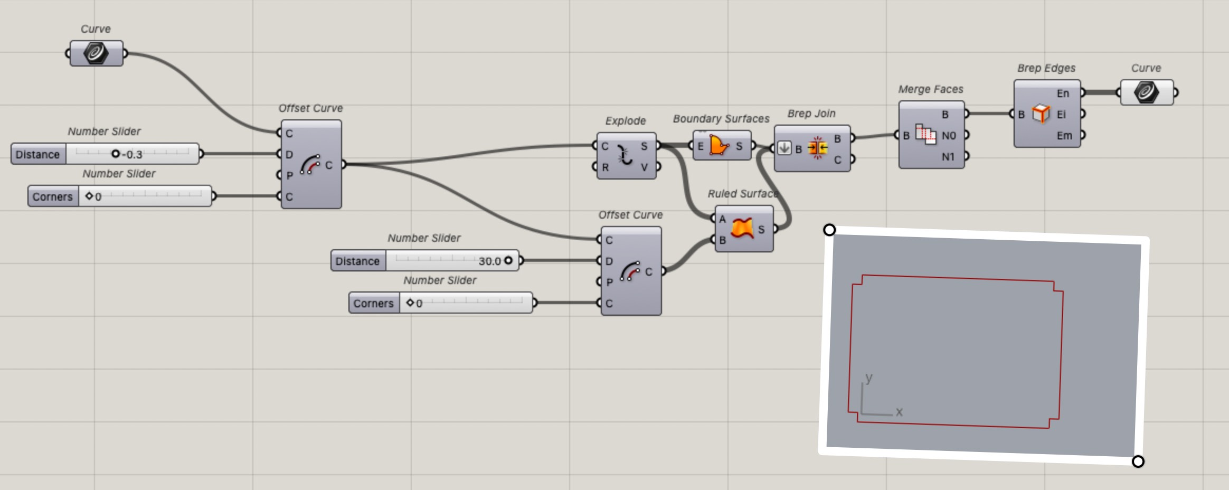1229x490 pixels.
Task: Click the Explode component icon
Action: (x=625, y=156)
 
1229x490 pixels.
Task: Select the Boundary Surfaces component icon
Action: (x=719, y=146)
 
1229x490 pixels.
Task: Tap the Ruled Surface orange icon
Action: (x=742, y=228)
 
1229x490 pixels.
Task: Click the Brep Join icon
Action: (x=817, y=148)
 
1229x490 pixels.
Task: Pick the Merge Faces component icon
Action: (x=925, y=135)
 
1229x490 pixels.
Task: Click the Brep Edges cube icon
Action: (x=1041, y=114)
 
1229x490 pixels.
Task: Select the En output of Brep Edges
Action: (x=1063, y=93)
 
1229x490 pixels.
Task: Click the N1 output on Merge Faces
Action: (x=948, y=157)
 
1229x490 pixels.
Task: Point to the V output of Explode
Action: (x=644, y=167)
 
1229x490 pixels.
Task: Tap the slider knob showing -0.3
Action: (x=115, y=154)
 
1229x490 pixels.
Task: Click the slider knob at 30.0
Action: (x=508, y=260)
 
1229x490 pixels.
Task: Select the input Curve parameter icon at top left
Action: (x=96, y=53)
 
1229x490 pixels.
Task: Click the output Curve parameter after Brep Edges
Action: (x=1146, y=92)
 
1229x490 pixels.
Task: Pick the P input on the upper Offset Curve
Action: (x=289, y=175)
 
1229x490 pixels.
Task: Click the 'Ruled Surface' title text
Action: (x=742, y=194)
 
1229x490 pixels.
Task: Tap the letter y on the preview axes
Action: (x=869, y=378)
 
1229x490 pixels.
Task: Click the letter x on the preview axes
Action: (x=899, y=411)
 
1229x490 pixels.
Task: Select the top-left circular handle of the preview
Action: (x=829, y=230)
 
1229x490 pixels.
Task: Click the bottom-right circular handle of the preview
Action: (x=1138, y=461)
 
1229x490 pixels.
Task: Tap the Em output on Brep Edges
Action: (x=1064, y=136)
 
